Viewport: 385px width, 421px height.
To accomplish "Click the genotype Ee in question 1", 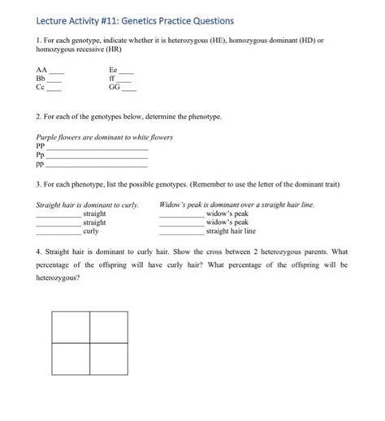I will pos(114,71).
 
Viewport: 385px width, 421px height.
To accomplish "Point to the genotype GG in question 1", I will pos(115,88).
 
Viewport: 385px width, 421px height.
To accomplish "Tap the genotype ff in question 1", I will pos(113,79).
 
